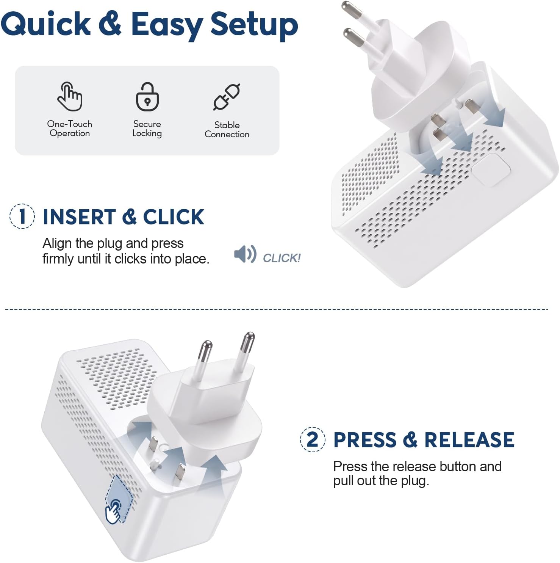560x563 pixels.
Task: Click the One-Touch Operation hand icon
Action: coord(69,96)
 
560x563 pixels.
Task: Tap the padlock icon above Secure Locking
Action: coord(147,97)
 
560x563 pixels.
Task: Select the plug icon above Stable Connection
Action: coord(227,97)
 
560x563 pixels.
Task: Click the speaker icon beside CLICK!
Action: coord(245,254)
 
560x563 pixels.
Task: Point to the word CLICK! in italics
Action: coord(282,258)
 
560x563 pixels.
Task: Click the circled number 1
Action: coord(22,216)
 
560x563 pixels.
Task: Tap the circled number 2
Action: coord(313,439)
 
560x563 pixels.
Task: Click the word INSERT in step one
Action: coord(79,217)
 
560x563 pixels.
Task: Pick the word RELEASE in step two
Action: coord(469,440)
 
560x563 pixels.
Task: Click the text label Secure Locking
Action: coord(147,129)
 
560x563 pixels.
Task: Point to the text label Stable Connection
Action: coord(227,130)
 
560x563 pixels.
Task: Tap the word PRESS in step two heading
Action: coord(364,440)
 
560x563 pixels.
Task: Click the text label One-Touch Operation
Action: coord(70,129)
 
